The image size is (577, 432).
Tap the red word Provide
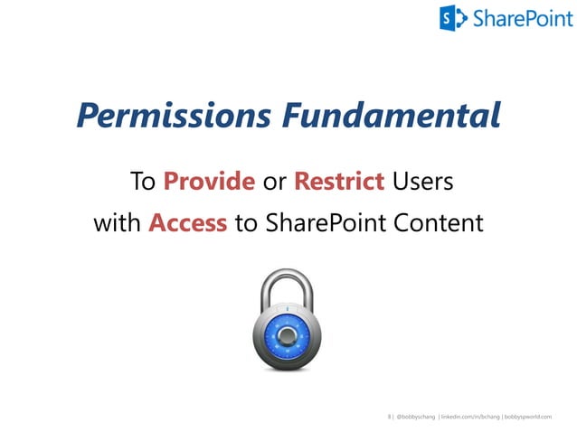tap(209, 182)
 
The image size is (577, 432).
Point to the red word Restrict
tap(339, 182)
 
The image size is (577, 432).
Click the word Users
tap(423, 182)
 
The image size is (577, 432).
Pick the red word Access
tap(187, 222)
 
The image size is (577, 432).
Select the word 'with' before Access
tap(118, 222)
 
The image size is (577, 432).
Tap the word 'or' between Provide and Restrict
tap(274, 182)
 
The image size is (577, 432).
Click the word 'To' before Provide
tap(144, 182)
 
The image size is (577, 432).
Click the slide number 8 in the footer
tap(388, 417)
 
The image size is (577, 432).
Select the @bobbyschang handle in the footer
tap(415, 417)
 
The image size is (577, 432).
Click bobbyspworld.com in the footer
tap(528, 417)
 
